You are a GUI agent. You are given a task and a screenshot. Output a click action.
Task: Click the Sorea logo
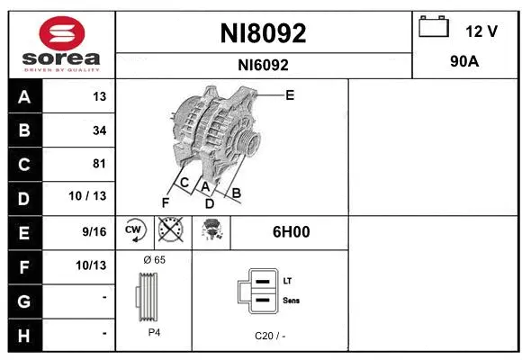click(x=61, y=45)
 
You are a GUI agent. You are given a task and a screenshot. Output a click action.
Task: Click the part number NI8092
click(x=264, y=33)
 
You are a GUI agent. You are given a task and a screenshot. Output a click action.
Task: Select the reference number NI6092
click(x=264, y=65)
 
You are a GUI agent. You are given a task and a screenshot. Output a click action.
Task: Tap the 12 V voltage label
click(x=481, y=31)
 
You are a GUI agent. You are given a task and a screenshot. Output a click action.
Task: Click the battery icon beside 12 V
click(x=434, y=27)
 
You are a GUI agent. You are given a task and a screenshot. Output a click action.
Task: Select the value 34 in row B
click(x=99, y=130)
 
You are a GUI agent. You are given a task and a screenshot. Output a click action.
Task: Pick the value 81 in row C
click(x=99, y=164)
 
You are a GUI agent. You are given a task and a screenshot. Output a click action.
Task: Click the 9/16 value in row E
click(x=94, y=231)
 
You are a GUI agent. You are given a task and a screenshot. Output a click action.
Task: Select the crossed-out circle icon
click(x=170, y=230)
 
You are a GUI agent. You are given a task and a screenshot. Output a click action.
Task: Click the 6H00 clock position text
click(x=291, y=231)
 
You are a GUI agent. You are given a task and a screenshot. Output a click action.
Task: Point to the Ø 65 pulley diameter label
click(x=154, y=260)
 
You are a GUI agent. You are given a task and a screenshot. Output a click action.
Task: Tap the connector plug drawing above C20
click(x=256, y=292)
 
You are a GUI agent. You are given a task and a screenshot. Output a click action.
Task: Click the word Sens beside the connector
click(x=291, y=301)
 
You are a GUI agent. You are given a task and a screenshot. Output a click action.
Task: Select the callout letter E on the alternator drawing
click(x=290, y=94)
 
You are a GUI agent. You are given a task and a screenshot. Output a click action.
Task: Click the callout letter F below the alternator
click(x=166, y=202)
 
